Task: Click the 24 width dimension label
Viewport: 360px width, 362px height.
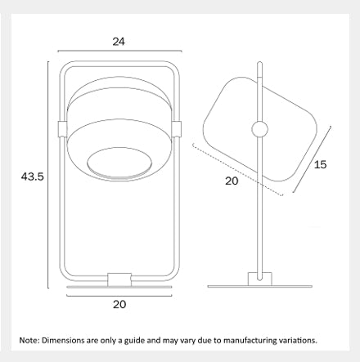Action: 119,42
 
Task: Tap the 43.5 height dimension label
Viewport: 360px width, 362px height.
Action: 33,177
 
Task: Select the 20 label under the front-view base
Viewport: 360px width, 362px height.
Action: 119,304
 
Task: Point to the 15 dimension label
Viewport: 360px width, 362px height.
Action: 320,164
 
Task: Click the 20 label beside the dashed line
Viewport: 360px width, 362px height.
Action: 232,181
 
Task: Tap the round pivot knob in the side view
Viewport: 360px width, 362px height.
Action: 259,129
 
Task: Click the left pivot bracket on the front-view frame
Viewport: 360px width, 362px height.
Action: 62,129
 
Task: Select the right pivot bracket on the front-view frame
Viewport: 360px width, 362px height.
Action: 177,129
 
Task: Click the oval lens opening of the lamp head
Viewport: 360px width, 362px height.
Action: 119,163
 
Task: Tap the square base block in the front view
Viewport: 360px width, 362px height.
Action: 119,279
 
